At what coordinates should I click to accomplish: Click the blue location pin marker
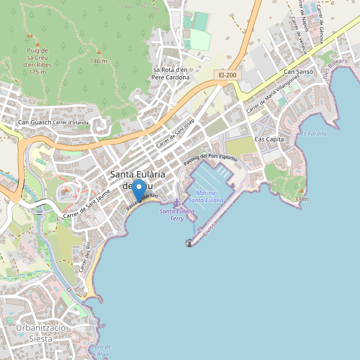(139, 190)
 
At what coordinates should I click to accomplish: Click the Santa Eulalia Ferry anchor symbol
(176, 203)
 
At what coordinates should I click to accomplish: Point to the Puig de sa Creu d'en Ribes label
(37, 61)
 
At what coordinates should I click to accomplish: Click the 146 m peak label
(98, 61)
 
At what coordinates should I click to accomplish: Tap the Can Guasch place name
(34, 123)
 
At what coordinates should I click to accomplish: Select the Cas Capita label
(269, 139)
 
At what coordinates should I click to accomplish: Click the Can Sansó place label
(298, 72)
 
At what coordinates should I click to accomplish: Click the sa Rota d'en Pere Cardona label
(170, 74)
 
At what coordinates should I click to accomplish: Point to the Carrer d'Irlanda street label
(71, 123)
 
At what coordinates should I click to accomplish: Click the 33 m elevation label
(301, 199)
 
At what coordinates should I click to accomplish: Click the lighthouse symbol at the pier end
(190, 243)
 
